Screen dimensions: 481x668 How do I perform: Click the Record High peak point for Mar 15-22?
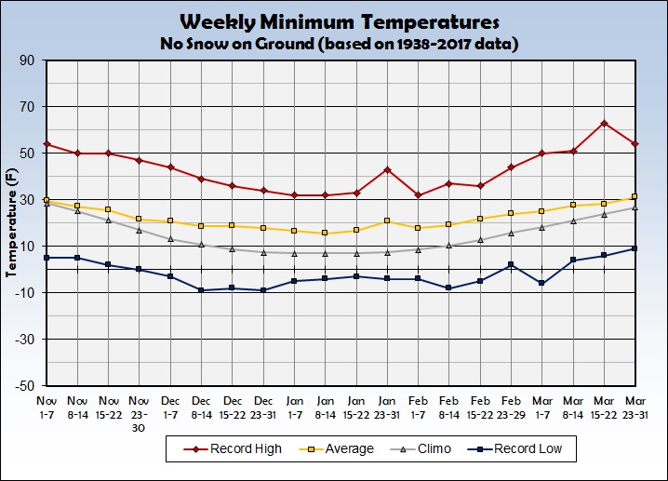pos(605,123)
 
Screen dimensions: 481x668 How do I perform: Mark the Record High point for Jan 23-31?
pos(387,169)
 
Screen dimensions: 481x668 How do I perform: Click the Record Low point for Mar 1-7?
pos(542,283)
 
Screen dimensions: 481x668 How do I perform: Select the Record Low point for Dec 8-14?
pos(201,290)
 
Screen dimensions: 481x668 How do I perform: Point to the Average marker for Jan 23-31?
pos(387,220)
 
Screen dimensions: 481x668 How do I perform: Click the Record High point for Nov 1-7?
pos(47,144)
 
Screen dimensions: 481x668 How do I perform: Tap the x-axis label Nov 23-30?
pos(140,408)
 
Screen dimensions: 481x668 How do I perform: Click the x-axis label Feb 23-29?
pos(512,402)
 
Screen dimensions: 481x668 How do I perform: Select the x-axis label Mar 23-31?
pos(635,402)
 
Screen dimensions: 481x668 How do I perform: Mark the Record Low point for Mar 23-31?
pos(635,248)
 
